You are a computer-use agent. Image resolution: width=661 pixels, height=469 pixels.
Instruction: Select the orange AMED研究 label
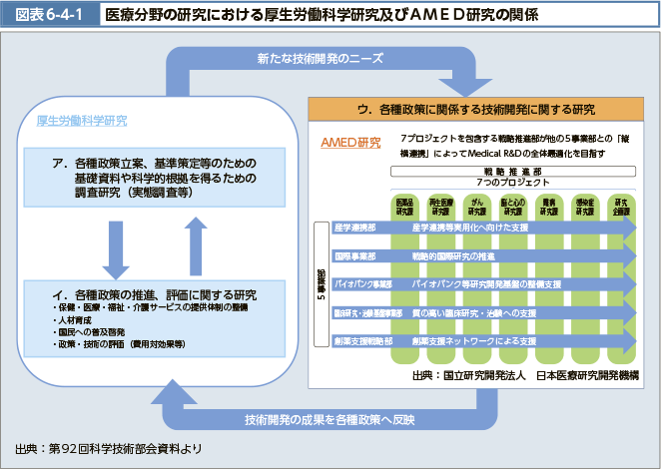(x=350, y=142)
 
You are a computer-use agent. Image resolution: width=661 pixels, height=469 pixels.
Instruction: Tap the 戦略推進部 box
(x=512, y=172)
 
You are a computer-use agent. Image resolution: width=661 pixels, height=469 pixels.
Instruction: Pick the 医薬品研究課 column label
(x=404, y=207)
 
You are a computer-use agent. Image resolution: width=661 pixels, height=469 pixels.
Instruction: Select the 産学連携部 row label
(x=355, y=228)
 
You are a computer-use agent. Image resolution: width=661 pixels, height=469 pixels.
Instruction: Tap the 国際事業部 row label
(x=355, y=255)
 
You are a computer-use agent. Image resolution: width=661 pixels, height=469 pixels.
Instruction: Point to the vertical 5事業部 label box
(x=321, y=287)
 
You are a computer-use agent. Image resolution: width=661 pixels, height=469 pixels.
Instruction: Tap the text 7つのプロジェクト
(x=512, y=184)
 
